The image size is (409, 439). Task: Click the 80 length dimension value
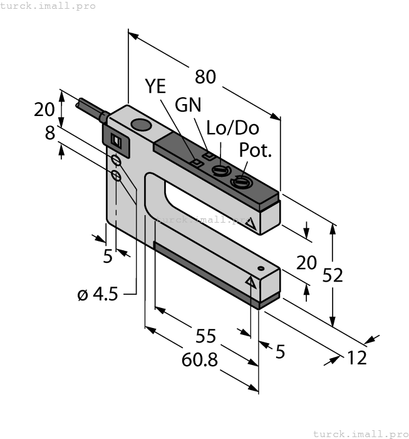[205, 77]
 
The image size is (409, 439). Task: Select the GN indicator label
[188, 105]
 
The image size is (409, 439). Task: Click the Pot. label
[257, 151]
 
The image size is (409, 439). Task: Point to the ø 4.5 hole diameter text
[98, 294]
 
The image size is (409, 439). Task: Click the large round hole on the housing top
[142, 126]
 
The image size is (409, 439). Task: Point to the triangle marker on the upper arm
[250, 223]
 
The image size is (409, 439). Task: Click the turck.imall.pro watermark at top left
[48, 6]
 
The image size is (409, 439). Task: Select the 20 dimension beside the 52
[306, 262]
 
